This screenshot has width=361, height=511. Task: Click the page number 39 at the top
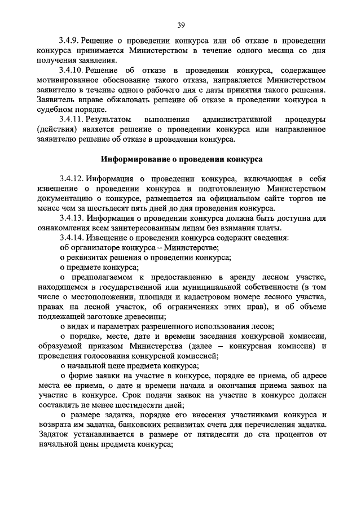coord(180,24)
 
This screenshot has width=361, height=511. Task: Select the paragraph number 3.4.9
coord(70,41)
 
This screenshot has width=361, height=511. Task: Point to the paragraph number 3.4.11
coord(72,120)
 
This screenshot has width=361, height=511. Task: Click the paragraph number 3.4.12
coord(72,179)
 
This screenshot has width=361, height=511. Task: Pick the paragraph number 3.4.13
coord(72,218)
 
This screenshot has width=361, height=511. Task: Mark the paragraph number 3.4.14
coord(72,238)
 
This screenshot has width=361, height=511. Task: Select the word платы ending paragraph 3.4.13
coord(267,228)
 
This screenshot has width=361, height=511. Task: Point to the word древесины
coord(141,317)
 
